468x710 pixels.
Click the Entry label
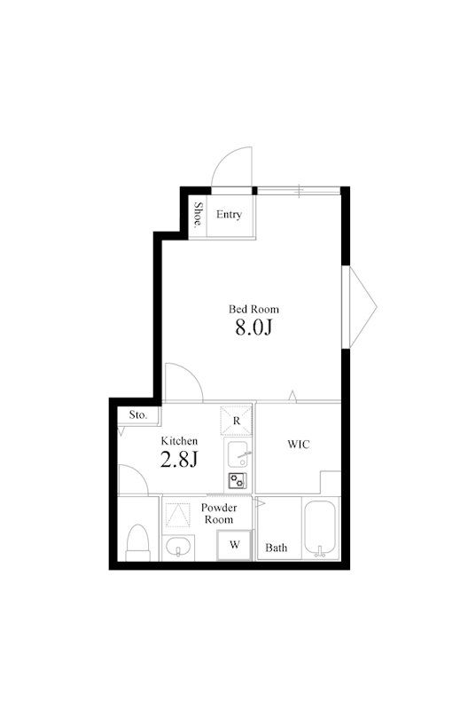(229, 214)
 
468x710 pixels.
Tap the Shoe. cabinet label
(198, 215)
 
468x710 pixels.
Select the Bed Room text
(253, 309)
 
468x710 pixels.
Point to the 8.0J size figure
(253, 327)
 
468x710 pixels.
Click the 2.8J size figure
(179, 459)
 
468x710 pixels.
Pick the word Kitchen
(180, 440)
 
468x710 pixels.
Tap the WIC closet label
(299, 445)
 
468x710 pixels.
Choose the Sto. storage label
(138, 414)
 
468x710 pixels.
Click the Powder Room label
(219, 514)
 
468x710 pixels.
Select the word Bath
(277, 548)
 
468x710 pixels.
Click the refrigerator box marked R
(236, 421)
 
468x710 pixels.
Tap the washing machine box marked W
(234, 545)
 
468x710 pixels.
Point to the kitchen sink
(238, 454)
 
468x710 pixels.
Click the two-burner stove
(238, 480)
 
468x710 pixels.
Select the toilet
(138, 542)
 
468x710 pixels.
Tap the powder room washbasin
(178, 548)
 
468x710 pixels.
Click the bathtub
(321, 528)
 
